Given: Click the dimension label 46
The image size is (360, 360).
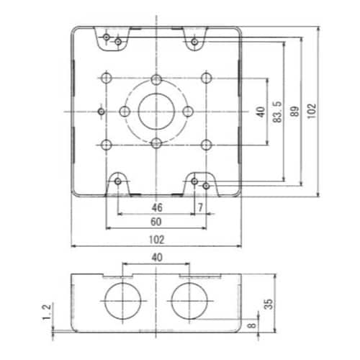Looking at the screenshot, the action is click(157, 207).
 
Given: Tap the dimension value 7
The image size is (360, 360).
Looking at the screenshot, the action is click(200, 207).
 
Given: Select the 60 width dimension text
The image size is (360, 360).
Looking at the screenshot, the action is click(156, 222).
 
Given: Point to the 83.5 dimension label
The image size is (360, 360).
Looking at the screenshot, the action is click(277, 112).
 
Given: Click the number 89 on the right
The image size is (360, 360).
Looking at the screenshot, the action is click(294, 112).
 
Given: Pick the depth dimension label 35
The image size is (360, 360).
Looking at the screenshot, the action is click(269, 304).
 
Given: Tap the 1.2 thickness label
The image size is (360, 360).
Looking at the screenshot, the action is click(47, 312).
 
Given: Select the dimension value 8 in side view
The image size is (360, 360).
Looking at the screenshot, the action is click(251, 325).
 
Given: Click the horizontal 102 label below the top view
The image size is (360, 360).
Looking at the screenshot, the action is click(157, 240).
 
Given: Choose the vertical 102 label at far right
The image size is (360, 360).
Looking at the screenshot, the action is click(312, 111).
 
